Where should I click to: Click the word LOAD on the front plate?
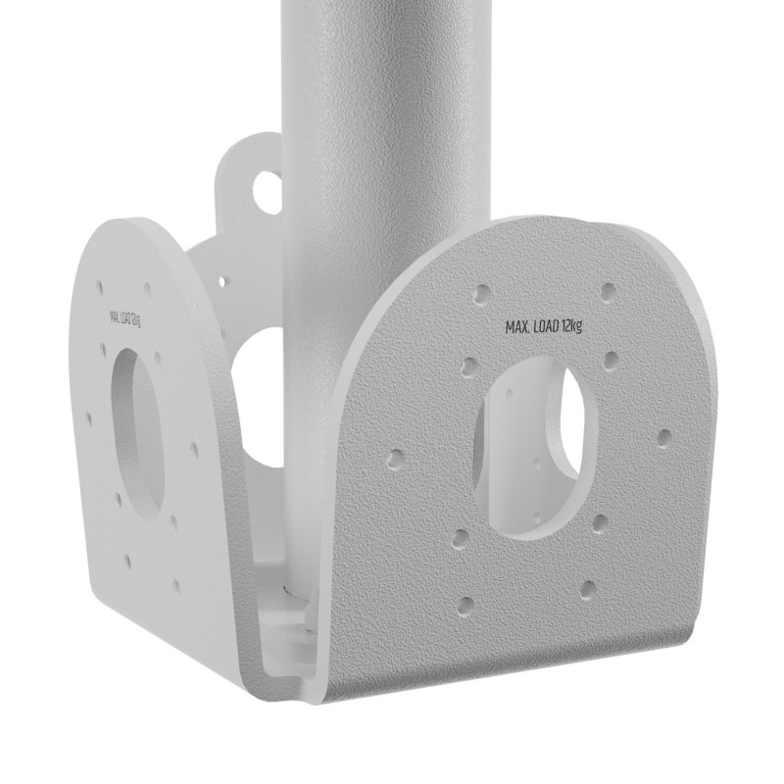[x=540, y=326]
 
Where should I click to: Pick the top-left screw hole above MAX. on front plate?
[x=481, y=294]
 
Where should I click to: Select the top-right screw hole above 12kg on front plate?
[x=609, y=291]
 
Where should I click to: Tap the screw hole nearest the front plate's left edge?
[x=396, y=458]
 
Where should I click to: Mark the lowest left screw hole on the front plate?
[x=467, y=603]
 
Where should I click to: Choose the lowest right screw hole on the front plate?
[x=588, y=588]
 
